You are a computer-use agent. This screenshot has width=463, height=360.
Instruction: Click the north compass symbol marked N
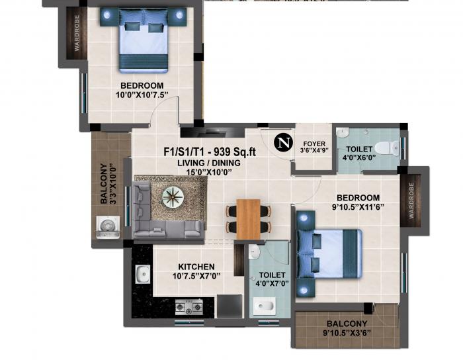point(284,142)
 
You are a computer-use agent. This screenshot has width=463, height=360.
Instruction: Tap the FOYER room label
point(314,143)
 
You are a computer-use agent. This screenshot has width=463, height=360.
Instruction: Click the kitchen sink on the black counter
point(141,273)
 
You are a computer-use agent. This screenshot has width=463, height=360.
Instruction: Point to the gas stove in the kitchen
point(189,306)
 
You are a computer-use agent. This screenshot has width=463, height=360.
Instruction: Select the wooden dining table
point(249,218)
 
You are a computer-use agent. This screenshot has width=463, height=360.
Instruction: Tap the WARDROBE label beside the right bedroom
point(411,202)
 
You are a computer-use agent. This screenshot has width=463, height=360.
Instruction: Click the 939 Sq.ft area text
point(234,152)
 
